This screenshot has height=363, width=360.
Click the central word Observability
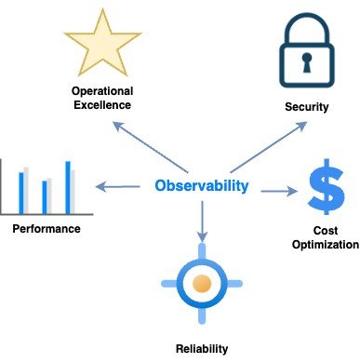202,186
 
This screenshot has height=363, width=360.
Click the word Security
306,107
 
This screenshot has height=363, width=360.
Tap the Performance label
47,229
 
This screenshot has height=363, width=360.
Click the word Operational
103,91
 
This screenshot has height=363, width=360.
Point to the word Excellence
103,105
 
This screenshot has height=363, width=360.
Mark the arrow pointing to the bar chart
117,189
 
